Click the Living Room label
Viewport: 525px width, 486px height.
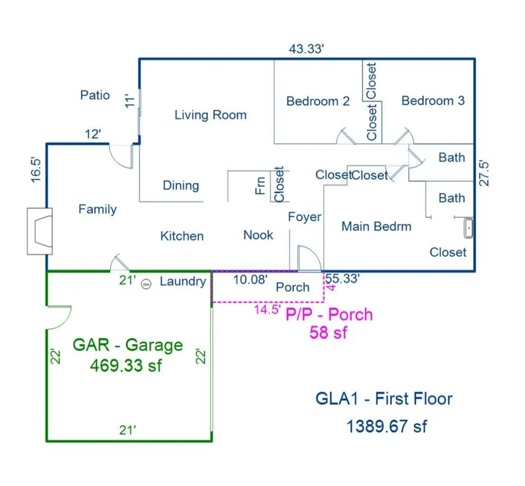point(210,115)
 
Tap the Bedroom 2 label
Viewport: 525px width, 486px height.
point(318,101)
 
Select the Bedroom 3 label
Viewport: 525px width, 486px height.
point(433,100)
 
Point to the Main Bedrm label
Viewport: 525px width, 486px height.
point(376,226)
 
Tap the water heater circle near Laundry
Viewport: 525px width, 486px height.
point(146,283)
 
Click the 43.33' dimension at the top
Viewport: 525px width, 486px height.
point(307,49)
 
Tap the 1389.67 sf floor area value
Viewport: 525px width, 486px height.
point(386,426)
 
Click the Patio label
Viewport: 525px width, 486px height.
point(95,95)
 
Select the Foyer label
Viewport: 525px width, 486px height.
point(304,217)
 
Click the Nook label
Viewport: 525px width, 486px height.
point(258,235)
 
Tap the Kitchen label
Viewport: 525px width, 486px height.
point(181,236)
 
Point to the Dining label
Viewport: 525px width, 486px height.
point(181,186)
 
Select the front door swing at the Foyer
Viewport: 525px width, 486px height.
point(307,257)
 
